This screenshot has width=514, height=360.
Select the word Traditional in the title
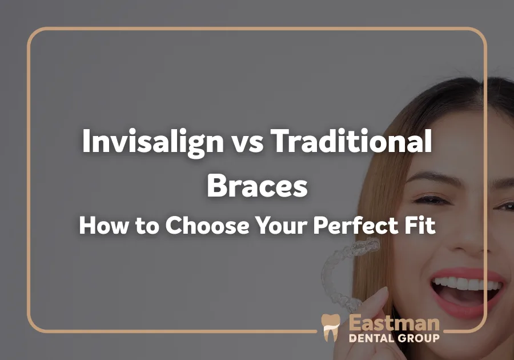click(x=352, y=141)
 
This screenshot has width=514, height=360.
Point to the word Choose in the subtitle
click(x=207, y=225)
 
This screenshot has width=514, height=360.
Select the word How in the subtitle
click(x=103, y=225)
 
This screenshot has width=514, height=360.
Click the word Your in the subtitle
click(x=282, y=225)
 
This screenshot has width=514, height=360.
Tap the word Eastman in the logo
click(x=394, y=323)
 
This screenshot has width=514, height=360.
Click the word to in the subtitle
click(x=147, y=226)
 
